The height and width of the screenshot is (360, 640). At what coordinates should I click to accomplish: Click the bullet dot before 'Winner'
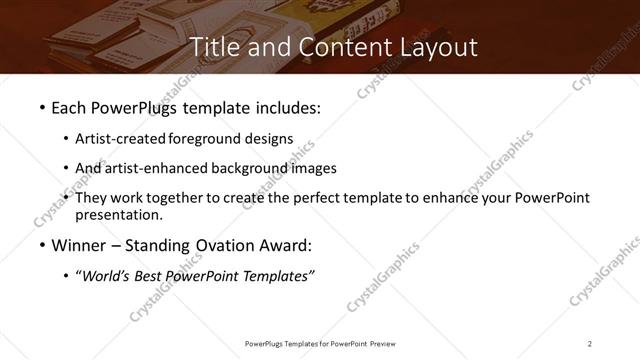(41, 245)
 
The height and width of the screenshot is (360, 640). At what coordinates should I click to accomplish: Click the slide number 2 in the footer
(590, 344)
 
